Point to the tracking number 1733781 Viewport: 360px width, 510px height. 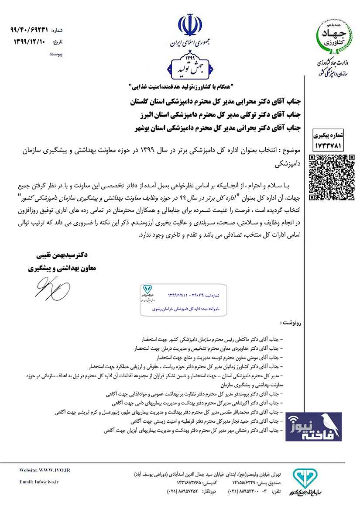point(332,142)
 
